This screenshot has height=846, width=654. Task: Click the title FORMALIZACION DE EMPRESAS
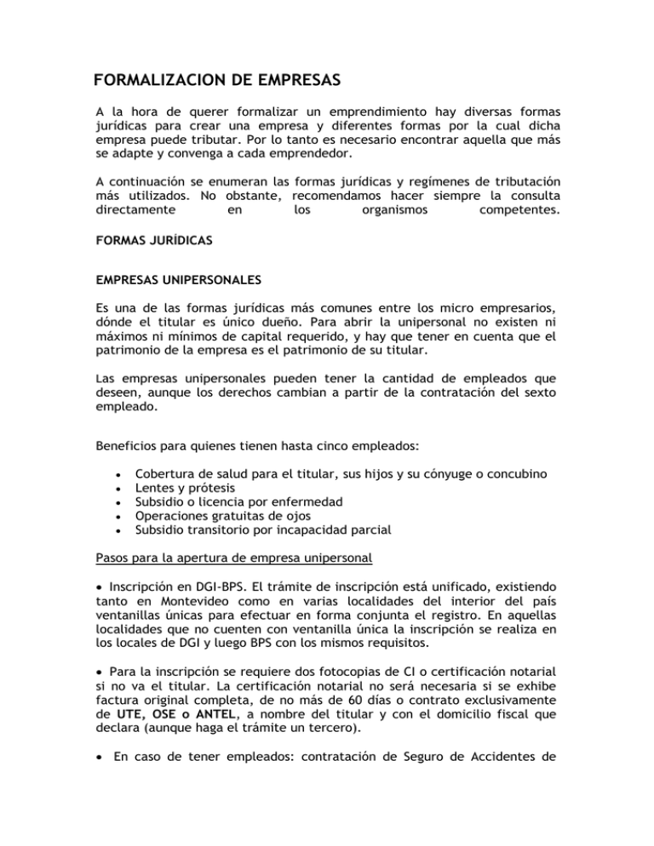217,82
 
